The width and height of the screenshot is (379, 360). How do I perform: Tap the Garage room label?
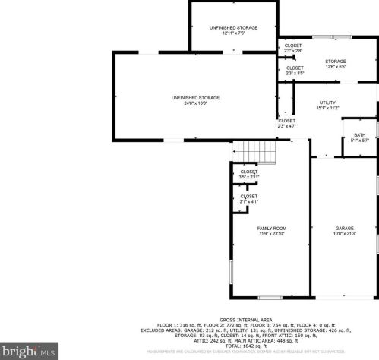(x=346, y=228)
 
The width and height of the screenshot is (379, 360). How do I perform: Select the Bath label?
(x=359, y=134)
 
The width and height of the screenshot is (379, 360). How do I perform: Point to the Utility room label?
(x=327, y=103)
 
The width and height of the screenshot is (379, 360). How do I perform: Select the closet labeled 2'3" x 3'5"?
(x=295, y=71)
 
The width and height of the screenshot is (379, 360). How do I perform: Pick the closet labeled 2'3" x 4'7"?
(x=286, y=123)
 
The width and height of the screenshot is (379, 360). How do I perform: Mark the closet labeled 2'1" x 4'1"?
(x=249, y=199)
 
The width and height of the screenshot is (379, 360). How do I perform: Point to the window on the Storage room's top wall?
(x=332, y=37)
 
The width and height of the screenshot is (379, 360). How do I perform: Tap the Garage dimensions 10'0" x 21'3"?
(x=346, y=234)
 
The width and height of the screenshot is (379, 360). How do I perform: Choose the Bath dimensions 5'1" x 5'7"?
(x=359, y=141)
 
